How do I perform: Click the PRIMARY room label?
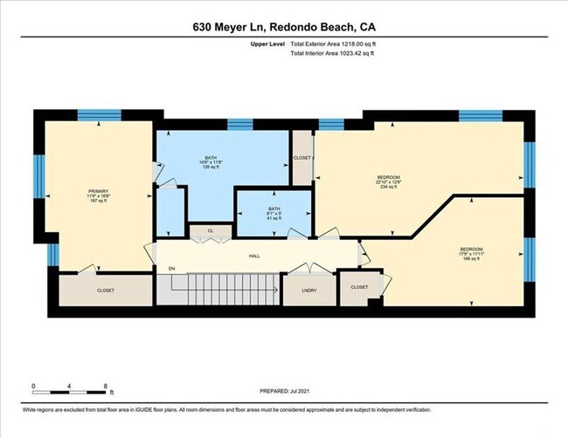97,191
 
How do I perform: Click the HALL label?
255,256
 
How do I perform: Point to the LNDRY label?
308,290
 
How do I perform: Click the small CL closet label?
210,231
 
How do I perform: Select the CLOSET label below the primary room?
105,290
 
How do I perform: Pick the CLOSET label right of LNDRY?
359,287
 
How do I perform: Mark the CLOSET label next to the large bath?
302,158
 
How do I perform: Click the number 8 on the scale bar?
105,385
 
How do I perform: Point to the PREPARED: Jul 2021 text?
284,392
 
